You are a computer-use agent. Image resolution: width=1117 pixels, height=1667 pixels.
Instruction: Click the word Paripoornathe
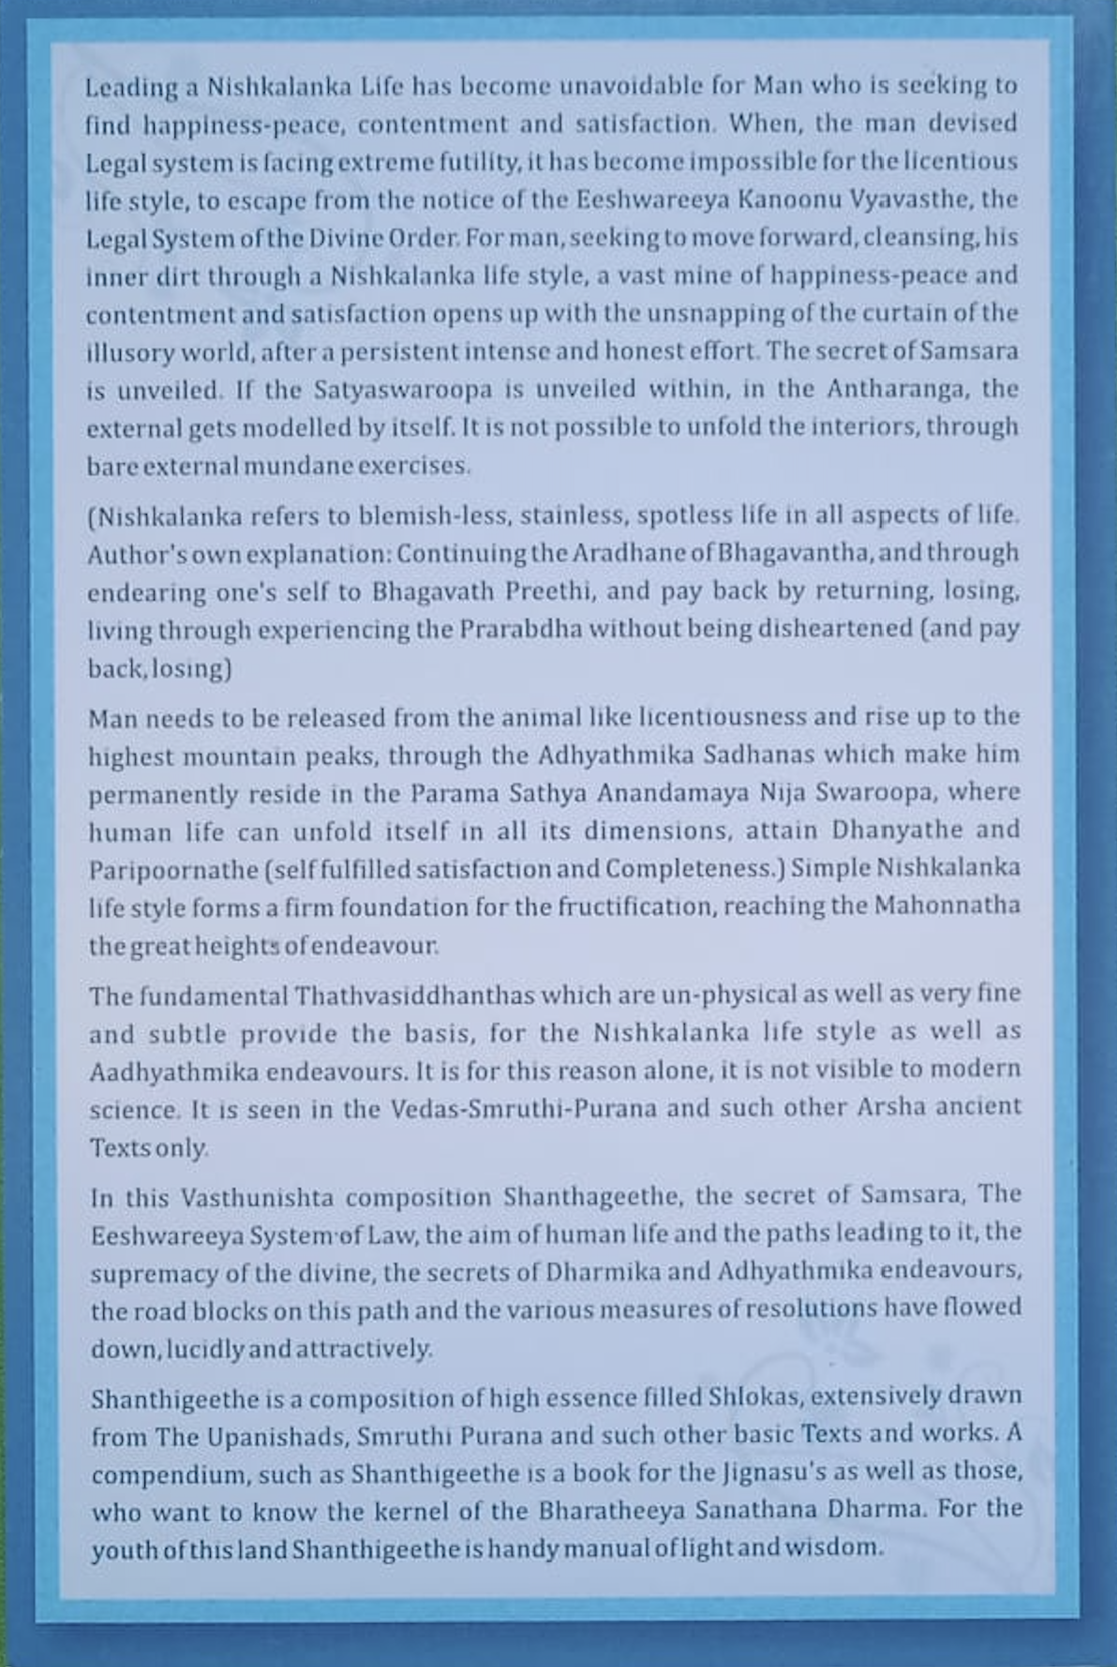(x=173, y=869)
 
